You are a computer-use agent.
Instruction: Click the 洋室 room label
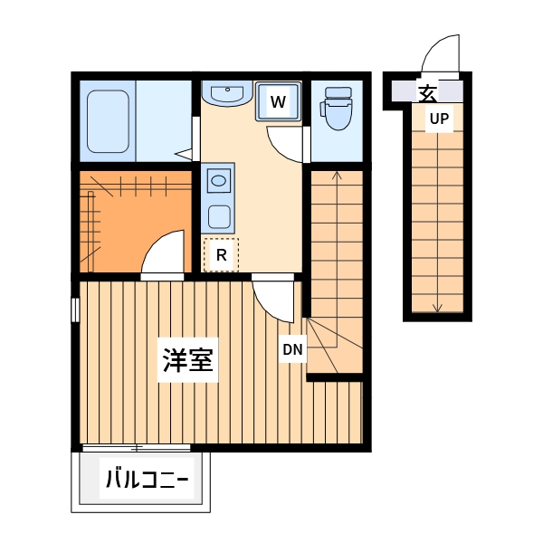(187, 360)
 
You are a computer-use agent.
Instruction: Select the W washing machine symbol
(278, 102)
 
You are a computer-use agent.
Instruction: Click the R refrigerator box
(220, 254)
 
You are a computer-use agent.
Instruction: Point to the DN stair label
(291, 349)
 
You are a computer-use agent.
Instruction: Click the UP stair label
(439, 119)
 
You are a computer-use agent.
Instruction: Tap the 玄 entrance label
(427, 91)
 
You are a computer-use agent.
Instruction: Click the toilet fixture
(337, 109)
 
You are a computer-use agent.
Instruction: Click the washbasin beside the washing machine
(226, 92)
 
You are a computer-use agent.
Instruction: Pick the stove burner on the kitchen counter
(219, 216)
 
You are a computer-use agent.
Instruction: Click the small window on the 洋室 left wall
(75, 308)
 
